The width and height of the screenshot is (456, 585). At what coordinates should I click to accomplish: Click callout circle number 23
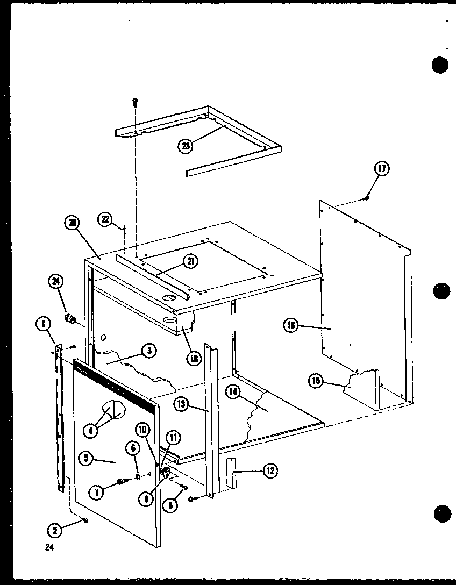[186, 146]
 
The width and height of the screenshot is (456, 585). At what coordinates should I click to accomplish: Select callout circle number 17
[382, 169]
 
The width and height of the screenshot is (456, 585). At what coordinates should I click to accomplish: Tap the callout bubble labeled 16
[291, 325]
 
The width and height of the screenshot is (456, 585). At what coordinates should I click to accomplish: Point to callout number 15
[316, 381]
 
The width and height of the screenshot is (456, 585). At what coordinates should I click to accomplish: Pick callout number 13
[181, 405]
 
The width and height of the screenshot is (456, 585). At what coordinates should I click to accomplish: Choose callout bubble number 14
[232, 393]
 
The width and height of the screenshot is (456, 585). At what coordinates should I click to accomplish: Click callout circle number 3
[149, 351]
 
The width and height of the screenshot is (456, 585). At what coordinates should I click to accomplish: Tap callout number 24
[55, 280]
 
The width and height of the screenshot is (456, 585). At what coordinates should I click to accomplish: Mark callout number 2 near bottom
[54, 530]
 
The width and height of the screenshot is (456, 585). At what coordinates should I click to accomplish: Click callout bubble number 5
[84, 459]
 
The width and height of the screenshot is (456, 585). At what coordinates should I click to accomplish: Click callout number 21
[190, 261]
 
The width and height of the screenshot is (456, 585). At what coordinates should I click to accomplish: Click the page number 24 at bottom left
[50, 547]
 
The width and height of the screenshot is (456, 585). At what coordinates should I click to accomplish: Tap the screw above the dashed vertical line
[135, 101]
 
